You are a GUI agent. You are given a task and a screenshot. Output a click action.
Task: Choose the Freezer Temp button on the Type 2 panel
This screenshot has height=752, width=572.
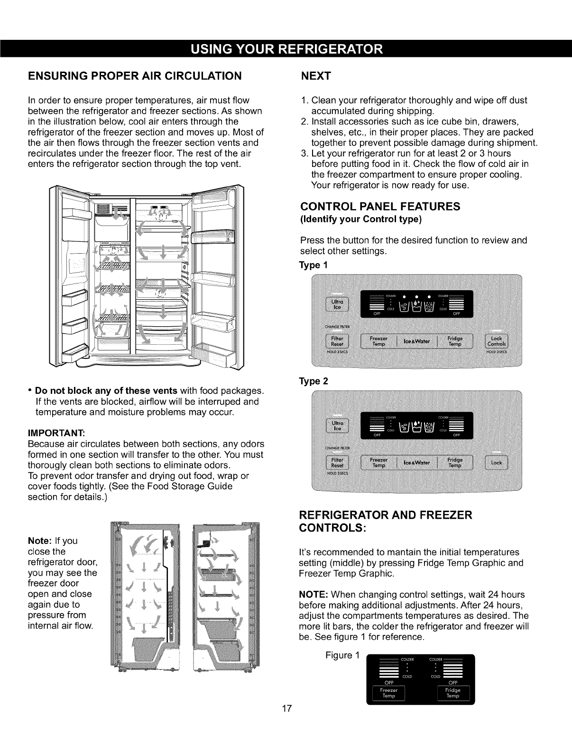(379, 463)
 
